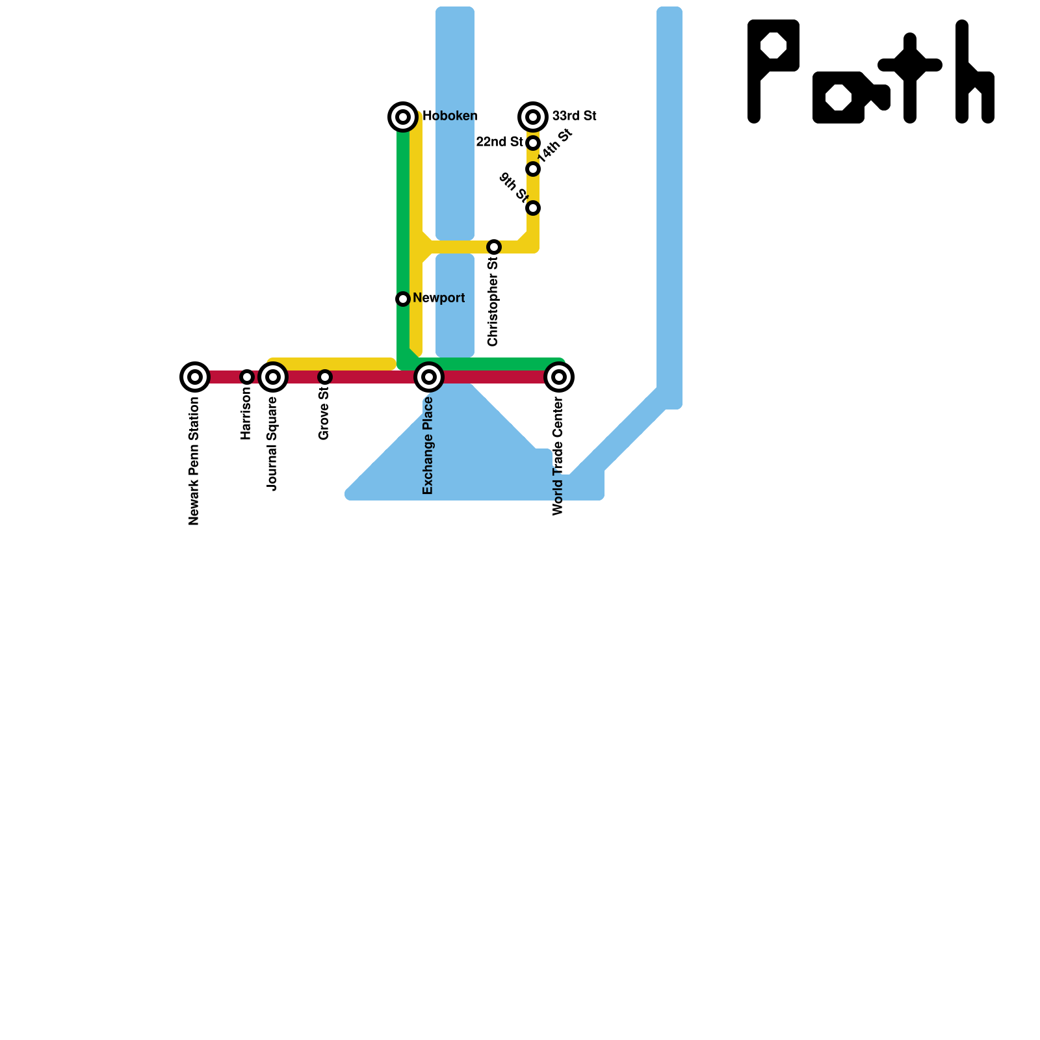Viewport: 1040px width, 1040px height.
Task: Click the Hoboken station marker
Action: tap(403, 117)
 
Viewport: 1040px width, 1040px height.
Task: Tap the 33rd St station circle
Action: tap(533, 117)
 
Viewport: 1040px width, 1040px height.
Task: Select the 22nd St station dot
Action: tap(533, 143)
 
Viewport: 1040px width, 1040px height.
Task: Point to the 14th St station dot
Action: tap(533, 169)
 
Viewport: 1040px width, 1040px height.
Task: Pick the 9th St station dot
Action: tap(533, 208)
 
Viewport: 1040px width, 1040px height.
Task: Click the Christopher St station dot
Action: tap(494, 247)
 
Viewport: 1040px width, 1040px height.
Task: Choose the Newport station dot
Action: tap(403, 299)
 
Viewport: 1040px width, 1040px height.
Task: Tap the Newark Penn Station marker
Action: tap(194, 377)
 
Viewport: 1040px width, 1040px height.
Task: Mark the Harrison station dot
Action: tap(246, 377)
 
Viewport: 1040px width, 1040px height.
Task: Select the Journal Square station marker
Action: tap(273, 377)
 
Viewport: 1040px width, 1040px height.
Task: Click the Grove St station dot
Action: tap(325, 377)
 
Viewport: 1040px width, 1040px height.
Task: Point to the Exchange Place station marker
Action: tap(429, 377)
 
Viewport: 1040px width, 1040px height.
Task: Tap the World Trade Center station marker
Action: tap(559, 377)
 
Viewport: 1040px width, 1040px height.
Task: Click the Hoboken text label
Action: tap(450, 116)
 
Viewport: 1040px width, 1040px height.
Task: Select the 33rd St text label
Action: tap(575, 116)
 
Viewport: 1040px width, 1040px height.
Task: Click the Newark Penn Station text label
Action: tap(194, 461)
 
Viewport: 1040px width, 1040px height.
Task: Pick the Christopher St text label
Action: tap(493, 301)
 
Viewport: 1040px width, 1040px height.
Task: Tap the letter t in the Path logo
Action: tap(910, 77)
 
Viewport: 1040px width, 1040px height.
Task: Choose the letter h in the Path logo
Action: tap(974, 71)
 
